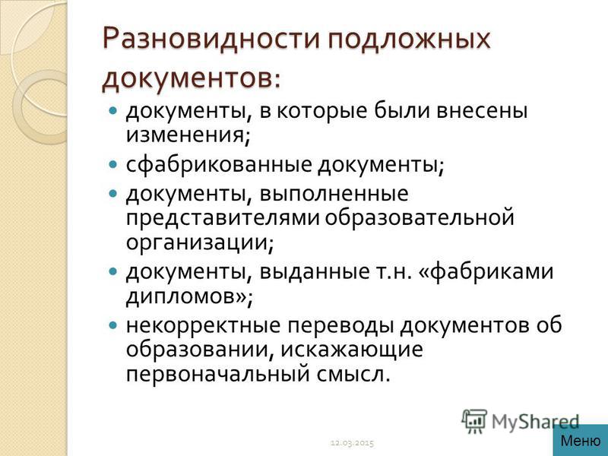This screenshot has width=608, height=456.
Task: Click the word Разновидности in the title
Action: click(x=212, y=40)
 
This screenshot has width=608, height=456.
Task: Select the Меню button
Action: click(x=581, y=441)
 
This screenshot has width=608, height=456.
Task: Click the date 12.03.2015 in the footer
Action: click(x=352, y=442)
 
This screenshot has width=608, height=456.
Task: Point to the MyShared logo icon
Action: click(x=474, y=421)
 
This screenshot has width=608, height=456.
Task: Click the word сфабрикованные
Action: click(x=219, y=164)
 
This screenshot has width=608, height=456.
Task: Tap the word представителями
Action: click(x=223, y=217)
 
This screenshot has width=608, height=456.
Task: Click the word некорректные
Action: click(x=203, y=326)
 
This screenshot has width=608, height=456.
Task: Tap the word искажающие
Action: click(x=352, y=350)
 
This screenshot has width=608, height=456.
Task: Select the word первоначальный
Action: click(x=218, y=375)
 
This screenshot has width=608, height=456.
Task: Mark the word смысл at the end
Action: click(x=353, y=375)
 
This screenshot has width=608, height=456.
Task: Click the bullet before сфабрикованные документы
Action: click(x=112, y=164)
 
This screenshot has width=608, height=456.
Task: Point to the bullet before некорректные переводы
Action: click(x=112, y=325)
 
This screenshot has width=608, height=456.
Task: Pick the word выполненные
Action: click(x=334, y=194)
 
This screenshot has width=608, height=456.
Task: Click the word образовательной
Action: click(x=420, y=217)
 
